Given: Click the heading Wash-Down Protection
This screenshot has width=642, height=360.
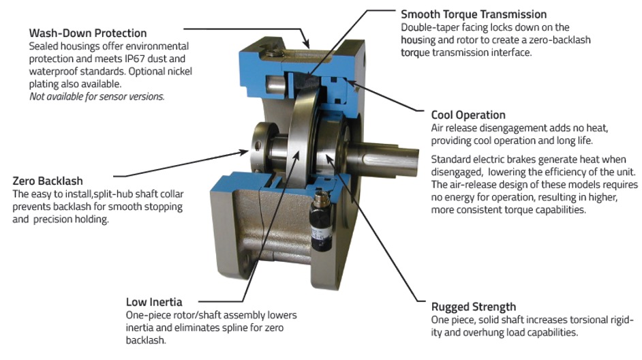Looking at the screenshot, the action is pyautogui.click(x=88, y=33).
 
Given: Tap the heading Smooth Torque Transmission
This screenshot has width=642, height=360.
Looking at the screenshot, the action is pyautogui.click(x=474, y=14).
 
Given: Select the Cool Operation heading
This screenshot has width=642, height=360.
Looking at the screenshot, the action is pyautogui.click(x=468, y=115).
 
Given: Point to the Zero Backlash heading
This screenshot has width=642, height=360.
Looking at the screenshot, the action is pyautogui.click(x=48, y=181).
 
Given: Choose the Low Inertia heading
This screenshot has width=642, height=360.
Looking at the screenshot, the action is pyautogui.click(x=154, y=302).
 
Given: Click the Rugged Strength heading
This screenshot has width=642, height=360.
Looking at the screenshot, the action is pyautogui.click(x=474, y=307).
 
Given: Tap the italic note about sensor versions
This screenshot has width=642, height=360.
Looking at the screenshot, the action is pyautogui.click(x=97, y=97).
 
